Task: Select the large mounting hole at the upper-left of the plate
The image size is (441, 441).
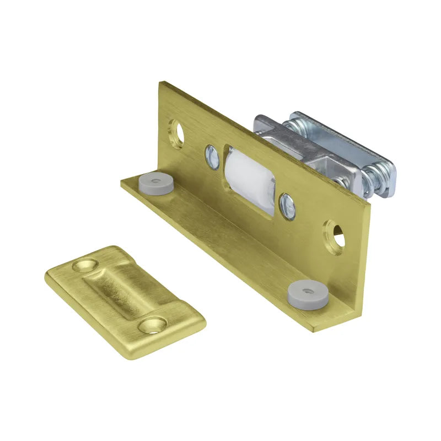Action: coord(176,133)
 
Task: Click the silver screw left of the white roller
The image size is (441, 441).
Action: coord(212,156)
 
